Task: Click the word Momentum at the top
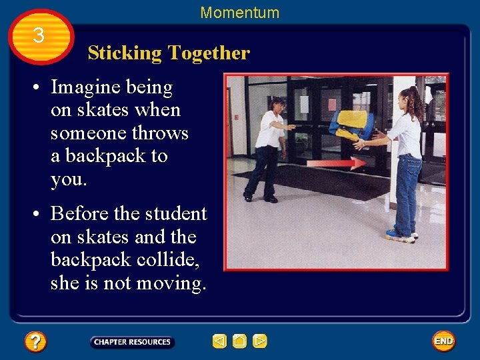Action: click(239, 12)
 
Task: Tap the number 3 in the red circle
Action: click(39, 35)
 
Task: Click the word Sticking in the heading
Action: click(125, 53)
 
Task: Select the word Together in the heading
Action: click(209, 53)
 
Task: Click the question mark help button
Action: click(35, 342)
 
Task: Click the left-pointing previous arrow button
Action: click(219, 341)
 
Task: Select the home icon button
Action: click(239, 341)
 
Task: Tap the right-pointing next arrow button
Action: click(260, 341)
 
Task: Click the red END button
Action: click(443, 341)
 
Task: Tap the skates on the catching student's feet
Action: click(401, 235)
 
